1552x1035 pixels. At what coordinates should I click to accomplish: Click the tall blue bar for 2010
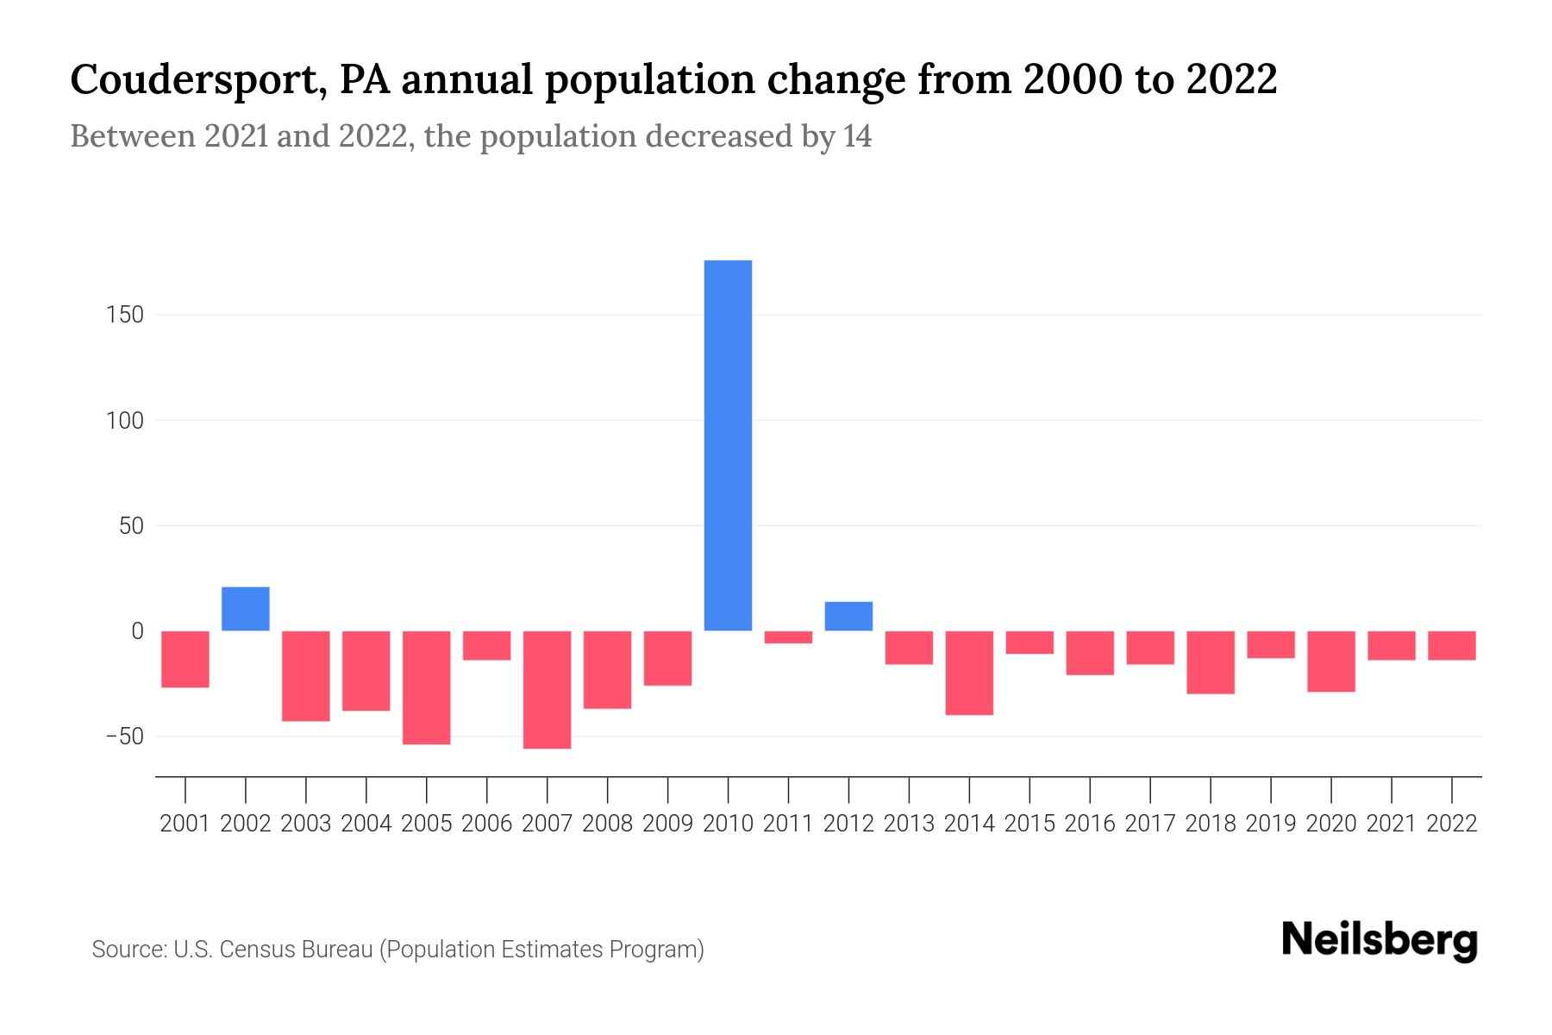click(x=728, y=445)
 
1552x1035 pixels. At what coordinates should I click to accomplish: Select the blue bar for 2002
click(x=246, y=609)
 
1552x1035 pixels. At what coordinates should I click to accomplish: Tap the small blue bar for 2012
click(x=848, y=616)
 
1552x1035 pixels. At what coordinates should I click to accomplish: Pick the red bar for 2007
click(x=547, y=689)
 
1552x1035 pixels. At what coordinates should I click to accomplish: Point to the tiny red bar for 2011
click(x=788, y=637)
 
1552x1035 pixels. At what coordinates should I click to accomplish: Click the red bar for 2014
click(x=969, y=673)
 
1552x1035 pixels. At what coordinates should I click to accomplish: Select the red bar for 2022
click(x=1452, y=645)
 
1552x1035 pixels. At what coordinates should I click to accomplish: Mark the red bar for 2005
click(x=427, y=687)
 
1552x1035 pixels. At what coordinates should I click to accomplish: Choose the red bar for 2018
click(x=1211, y=662)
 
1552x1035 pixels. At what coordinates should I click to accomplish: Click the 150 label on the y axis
click(x=126, y=316)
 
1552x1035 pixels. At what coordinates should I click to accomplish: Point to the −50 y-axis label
click(x=124, y=737)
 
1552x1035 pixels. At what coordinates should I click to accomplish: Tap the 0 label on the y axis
click(x=137, y=631)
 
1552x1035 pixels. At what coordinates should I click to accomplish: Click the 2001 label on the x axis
click(x=185, y=824)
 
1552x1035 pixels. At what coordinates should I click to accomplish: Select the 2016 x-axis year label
click(x=1090, y=824)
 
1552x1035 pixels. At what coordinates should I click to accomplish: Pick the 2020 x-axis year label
click(x=1331, y=824)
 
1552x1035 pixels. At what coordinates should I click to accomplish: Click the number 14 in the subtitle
click(x=857, y=136)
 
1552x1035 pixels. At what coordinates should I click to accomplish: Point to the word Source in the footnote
click(x=128, y=950)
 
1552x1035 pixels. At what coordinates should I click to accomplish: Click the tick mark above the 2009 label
click(x=667, y=789)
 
